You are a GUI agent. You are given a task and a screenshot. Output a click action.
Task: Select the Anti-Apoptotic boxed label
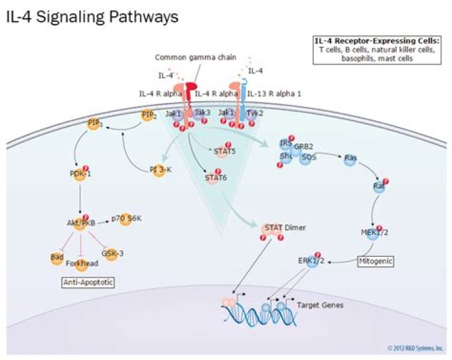[x=88, y=283]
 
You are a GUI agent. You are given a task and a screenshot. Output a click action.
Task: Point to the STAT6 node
[x=216, y=178]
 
